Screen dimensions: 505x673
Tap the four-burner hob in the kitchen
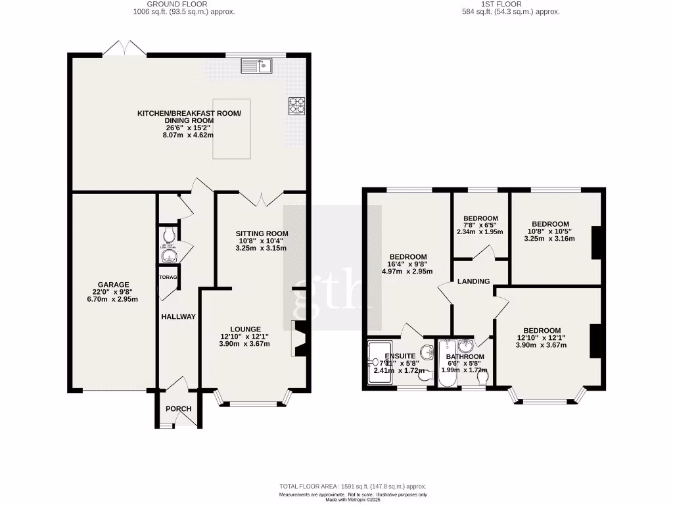[x=296, y=105]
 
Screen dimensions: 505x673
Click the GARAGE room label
[x=114, y=285]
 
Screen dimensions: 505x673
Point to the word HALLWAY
[x=178, y=317]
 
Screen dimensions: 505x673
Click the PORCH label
[x=178, y=409]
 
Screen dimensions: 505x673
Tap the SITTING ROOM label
[x=262, y=233]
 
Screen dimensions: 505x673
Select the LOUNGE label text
[x=245, y=329]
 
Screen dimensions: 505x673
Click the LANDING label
[x=474, y=281]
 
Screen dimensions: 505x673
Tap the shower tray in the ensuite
[x=380, y=362]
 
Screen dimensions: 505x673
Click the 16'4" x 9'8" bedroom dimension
[x=408, y=264]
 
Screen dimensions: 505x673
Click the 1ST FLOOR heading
[x=510, y=4]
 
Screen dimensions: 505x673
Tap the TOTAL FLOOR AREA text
[x=352, y=487]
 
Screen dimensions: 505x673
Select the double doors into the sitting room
[x=261, y=197]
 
